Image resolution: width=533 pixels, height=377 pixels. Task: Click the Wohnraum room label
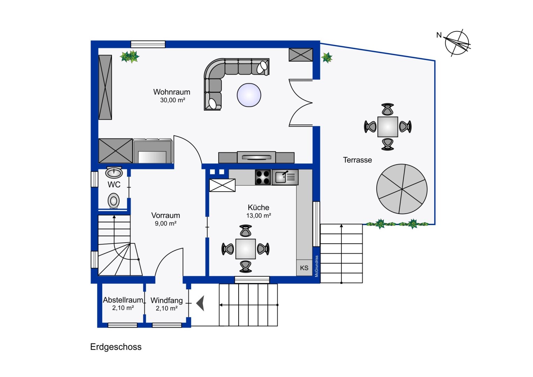tap(172, 92)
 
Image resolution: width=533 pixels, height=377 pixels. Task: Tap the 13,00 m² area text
tap(258, 216)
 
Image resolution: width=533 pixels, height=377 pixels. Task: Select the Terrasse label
tap(357, 160)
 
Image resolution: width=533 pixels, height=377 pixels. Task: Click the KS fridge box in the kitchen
tap(304, 268)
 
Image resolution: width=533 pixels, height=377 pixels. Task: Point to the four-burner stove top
tap(263, 177)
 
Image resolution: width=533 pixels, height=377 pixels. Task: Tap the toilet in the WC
tap(113, 201)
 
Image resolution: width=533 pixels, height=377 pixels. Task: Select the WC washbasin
tap(114, 172)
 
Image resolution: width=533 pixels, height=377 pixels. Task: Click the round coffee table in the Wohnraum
tap(249, 95)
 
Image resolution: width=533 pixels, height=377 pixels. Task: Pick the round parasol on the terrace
tap(402, 189)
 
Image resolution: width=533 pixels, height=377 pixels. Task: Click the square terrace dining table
tap(388, 127)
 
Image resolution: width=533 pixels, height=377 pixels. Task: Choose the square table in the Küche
tap(246, 249)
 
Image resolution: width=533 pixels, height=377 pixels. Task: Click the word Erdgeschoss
tap(116, 347)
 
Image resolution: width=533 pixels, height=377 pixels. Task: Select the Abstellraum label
tap(123, 300)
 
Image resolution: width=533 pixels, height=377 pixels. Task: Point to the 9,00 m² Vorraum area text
tap(166, 224)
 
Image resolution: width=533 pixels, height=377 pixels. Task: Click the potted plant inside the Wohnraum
tap(130, 57)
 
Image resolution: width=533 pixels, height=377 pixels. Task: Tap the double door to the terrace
tap(300, 102)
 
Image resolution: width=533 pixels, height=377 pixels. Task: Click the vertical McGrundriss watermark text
tap(316, 266)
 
